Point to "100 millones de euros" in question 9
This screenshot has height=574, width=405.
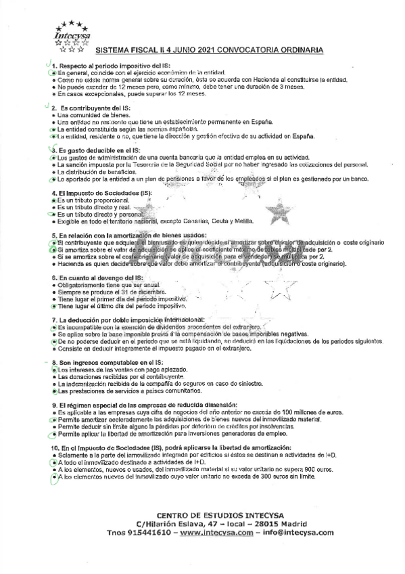[x=318, y=412]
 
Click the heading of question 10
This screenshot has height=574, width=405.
[x=170, y=448]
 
